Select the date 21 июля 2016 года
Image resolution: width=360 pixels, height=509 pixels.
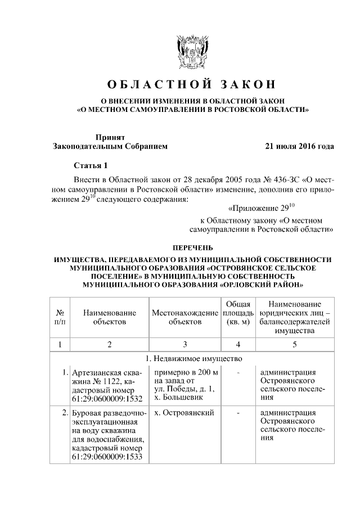pos(299,146)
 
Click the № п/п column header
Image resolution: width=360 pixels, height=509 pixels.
pos(60,317)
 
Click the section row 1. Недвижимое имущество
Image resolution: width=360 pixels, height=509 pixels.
pos(192,359)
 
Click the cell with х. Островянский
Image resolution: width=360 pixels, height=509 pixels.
pos(183,413)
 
